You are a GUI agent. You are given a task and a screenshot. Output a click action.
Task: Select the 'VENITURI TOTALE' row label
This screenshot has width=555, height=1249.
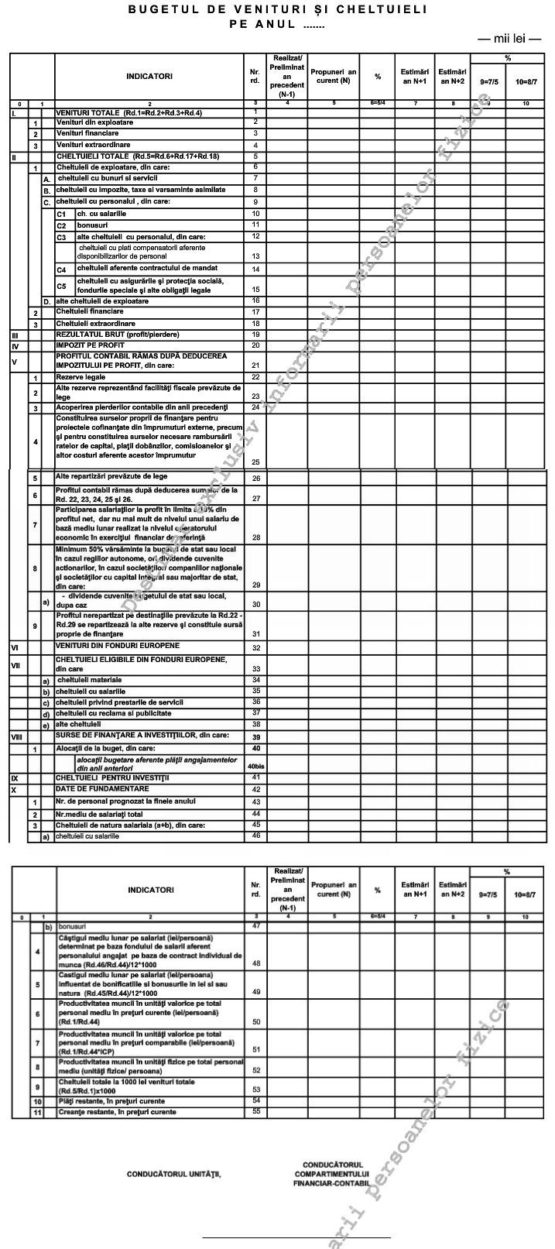tap(128, 113)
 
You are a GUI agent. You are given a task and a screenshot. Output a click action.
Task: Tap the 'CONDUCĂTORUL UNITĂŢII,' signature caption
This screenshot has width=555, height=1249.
tap(173, 1174)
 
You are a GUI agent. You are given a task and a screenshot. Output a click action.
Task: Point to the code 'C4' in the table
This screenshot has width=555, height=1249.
tap(61, 269)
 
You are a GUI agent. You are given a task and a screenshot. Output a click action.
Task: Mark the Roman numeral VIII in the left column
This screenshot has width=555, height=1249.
tap(16, 737)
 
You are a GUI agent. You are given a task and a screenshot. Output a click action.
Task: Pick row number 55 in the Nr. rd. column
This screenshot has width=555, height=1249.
tap(255, 1112)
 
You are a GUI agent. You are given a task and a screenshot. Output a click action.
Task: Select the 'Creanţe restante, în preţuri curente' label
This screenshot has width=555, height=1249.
tap(116, 1112)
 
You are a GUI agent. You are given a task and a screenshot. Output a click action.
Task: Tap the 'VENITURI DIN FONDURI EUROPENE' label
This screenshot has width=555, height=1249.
tap(117, 645)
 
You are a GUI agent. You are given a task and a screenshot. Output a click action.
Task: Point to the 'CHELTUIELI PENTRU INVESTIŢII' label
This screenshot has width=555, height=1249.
tap(111, 777)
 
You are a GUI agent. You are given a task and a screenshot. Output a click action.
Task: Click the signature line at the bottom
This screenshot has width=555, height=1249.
tap(296, 1237)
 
